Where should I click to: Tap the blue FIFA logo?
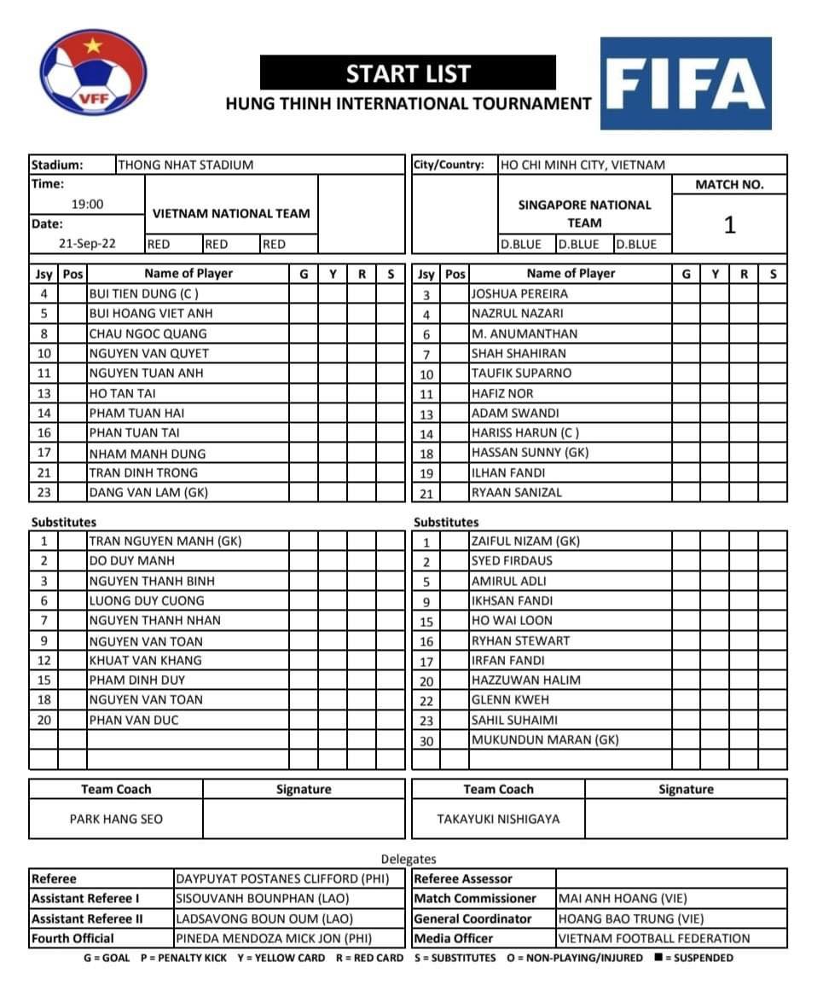coord(686,84)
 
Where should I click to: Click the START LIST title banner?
coord(408,74)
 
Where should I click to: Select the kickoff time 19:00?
coord(87,204)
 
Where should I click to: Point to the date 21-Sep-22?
coord(87,244)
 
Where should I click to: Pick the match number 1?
coord(729,225)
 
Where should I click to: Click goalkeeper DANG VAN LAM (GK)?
coord(148,492)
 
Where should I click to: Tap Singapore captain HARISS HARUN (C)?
coord(525,433)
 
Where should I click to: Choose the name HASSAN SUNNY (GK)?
coord(530,453)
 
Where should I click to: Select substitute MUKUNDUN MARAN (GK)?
coord(545,739)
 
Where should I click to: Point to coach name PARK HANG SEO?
coord(116,819)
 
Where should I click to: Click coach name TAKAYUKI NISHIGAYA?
coord(498,819)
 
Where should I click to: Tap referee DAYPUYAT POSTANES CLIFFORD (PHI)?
coord(281,878)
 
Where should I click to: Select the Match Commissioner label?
coord(475,898)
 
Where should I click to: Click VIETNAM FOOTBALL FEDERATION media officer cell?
coord(654,938)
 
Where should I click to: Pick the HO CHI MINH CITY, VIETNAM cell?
coord(582,165)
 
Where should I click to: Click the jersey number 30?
coord(426,740)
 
